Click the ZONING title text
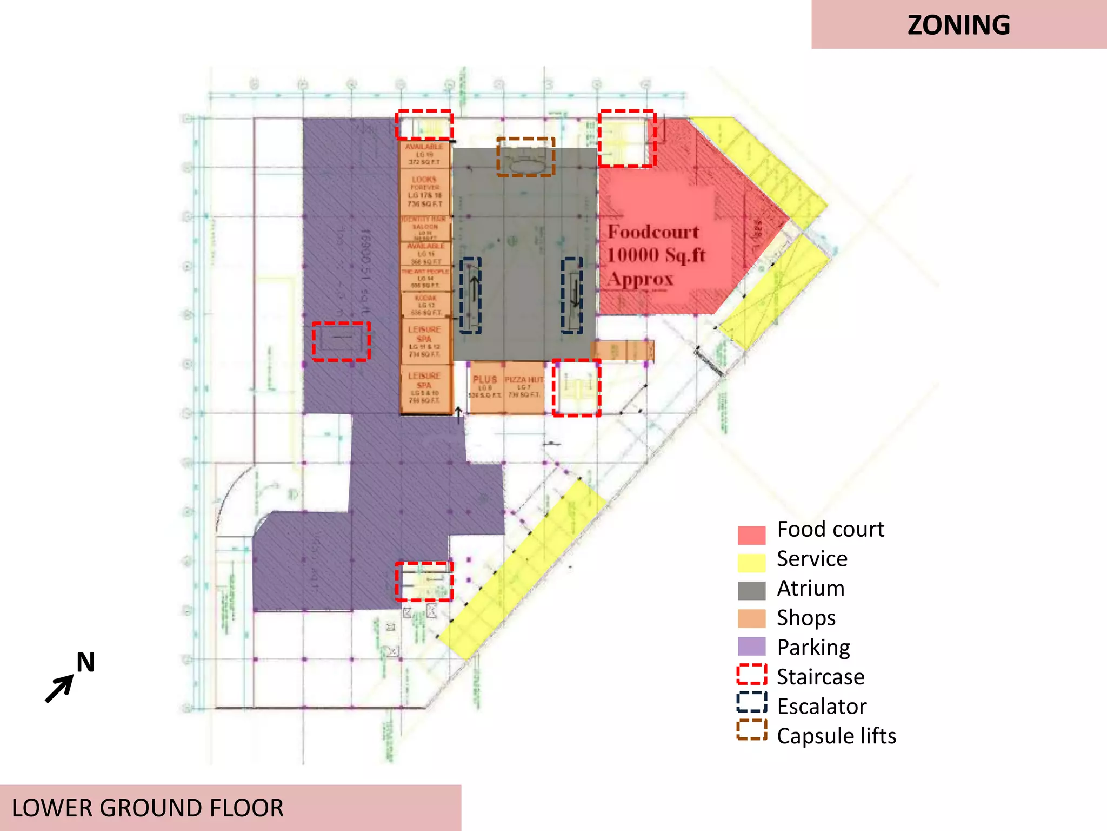pos(958,25)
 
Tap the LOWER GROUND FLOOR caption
pos(148,808)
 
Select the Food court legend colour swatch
pos(751,535)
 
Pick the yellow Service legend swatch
pos(751,563)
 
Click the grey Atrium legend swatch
pos(751,590)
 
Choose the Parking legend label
pos(813,647)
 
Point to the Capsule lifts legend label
pos(836,736)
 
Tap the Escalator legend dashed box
pos(751,702)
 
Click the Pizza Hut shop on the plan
pos(523,387)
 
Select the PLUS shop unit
pos(485,387)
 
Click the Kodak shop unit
pos(426,306)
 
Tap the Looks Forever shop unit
pos(425,191)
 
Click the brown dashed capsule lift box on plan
pos(525,157)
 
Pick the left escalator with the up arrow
pos(470,295)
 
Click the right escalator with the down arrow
pos(572,295)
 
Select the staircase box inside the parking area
pos(341,341)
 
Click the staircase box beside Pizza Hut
pos(576,388)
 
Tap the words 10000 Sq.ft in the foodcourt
pos(656,255)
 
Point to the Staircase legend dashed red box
pos(751,674)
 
